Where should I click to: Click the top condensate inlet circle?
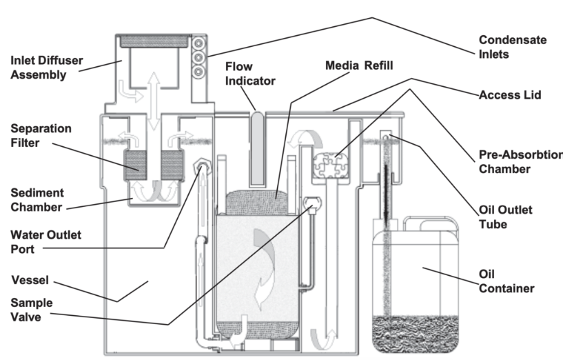200,41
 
